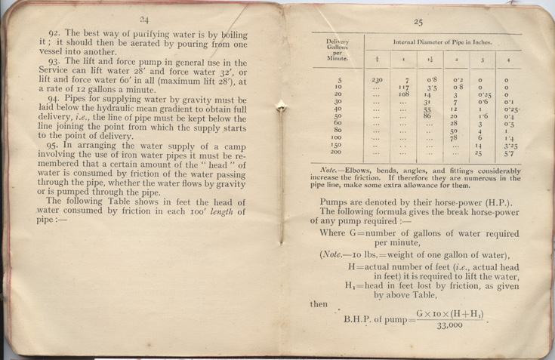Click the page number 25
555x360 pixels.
point(415,22)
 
